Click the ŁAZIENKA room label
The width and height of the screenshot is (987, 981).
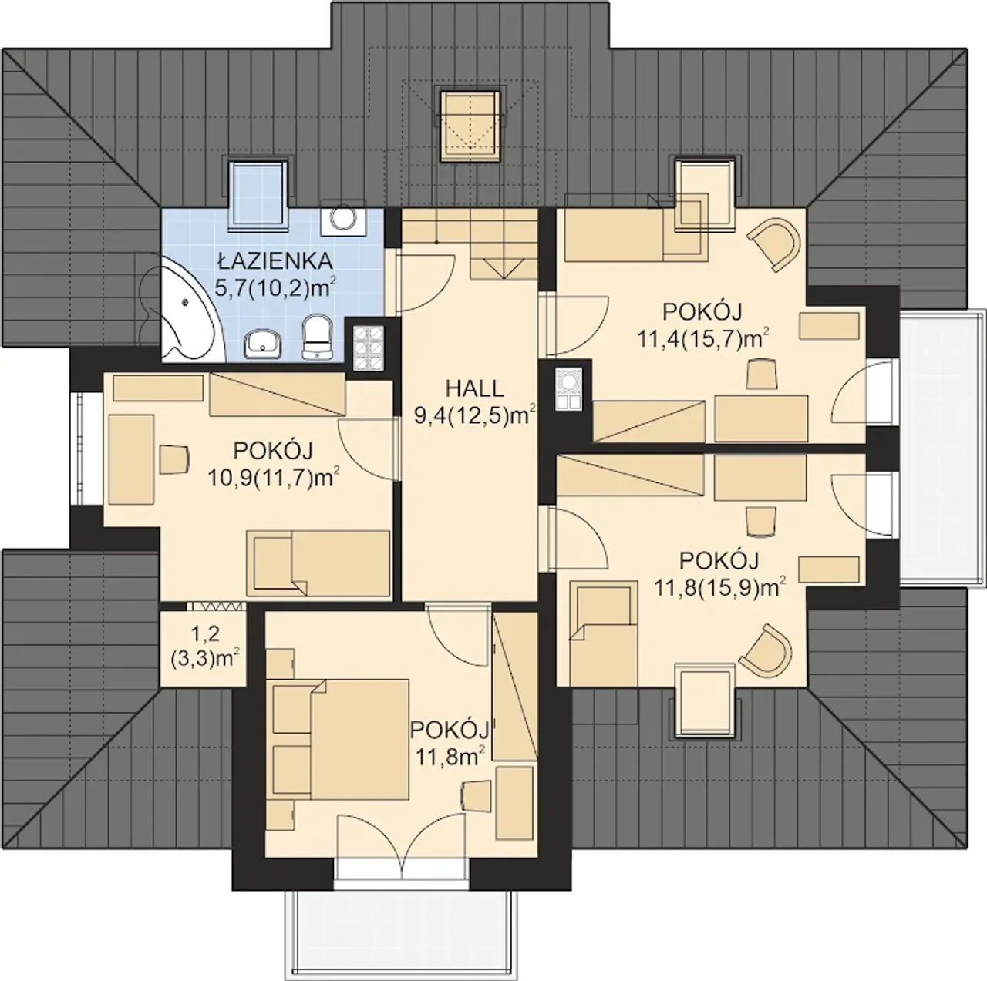pyautogui.click(x=275, y=261)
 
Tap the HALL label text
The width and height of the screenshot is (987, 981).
pyautogui.click(x=475, y=388)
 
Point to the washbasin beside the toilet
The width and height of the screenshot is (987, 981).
pyautogui.click(x=263, y=342)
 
